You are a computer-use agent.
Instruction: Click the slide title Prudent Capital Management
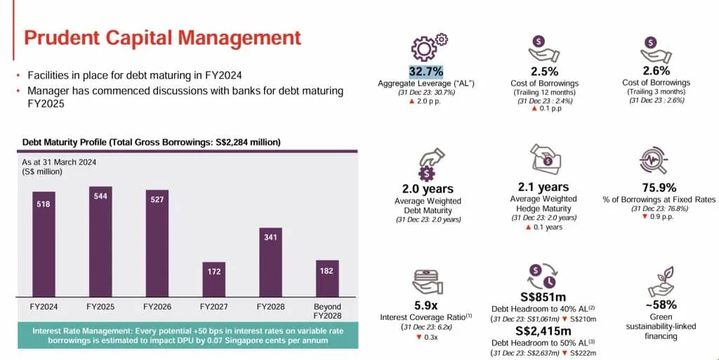pyautogui.click(x=162, y=38)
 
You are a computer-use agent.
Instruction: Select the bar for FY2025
pyautogui.click(x=100, y=241)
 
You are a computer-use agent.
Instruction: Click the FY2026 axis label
pyautogui.click(x=157, y=307)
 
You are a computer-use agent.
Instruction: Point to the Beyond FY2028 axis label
pyautogui.click(x=326, y=311)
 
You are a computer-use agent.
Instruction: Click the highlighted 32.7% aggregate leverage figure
pyautogui.click(x=426, y=72)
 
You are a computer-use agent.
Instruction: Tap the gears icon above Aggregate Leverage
pyautogui.click(x=426, y=46)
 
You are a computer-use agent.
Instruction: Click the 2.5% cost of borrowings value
pyautogui.click(x=544, y=72)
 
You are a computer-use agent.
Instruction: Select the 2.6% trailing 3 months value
pyautogui.click(x=657, y=71)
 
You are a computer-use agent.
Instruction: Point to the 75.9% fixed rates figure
pyautogui.click(x=659, y=188)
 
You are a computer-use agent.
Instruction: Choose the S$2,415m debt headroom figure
pyautogui.click(x=543, y=331)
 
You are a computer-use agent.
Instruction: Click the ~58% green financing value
pyautogui.click(x=660, y=305)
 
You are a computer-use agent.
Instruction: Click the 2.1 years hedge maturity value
pyautogui.click(x=543, y=187)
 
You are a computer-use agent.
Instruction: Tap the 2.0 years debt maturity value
pyautogui.click(x=427, y=189)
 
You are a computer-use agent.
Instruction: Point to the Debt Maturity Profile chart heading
pyautogui.click(x=152, y=142)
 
